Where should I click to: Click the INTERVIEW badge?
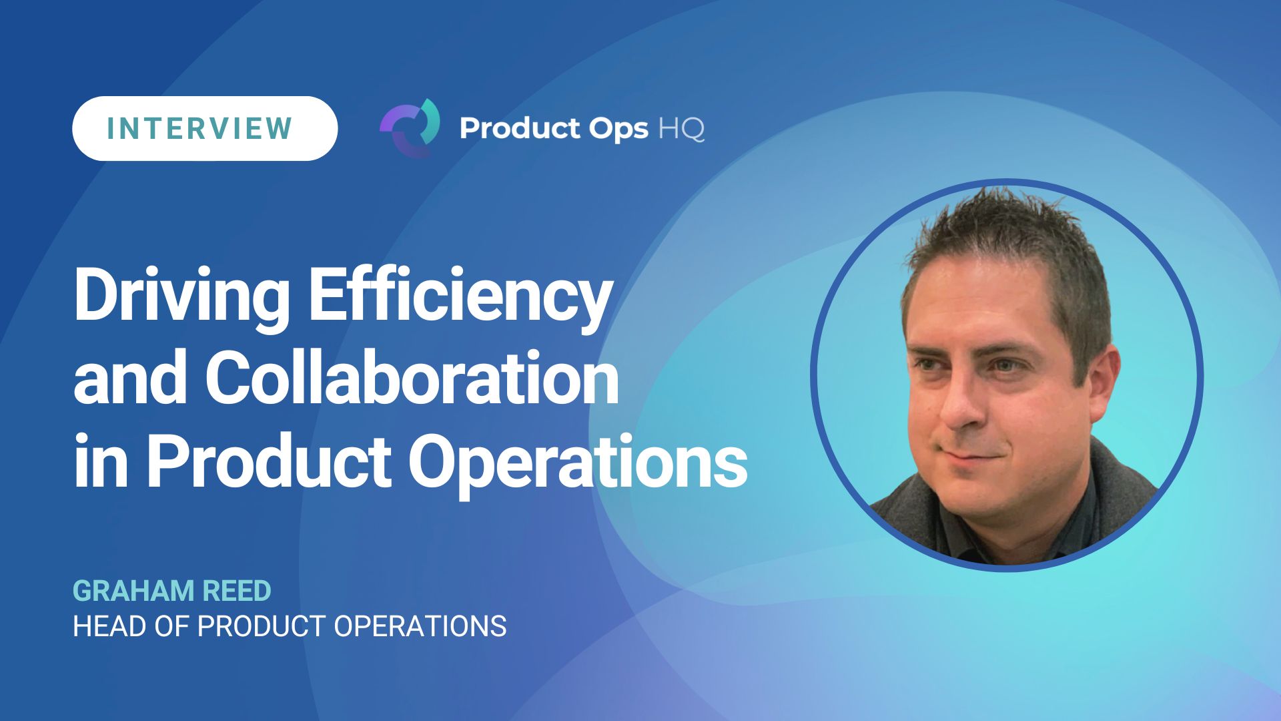(x=204, y=128)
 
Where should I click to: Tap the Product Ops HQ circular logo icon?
(x=410, y=128)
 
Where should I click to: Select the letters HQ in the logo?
(x=681, y=129)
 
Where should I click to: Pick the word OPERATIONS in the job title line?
(x=420, y=626)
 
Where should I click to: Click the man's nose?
(x=961, y=407)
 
